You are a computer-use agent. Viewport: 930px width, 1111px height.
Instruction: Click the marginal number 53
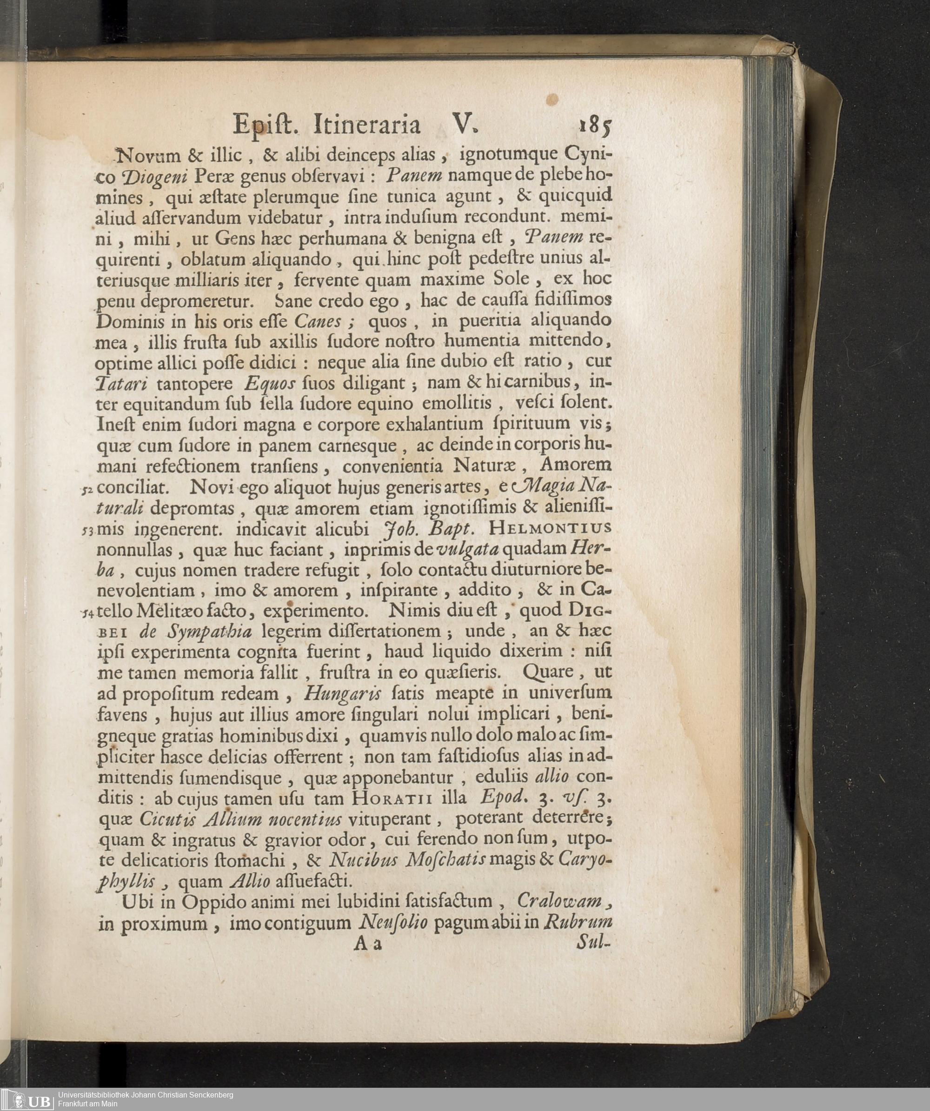(x=88, y=531)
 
